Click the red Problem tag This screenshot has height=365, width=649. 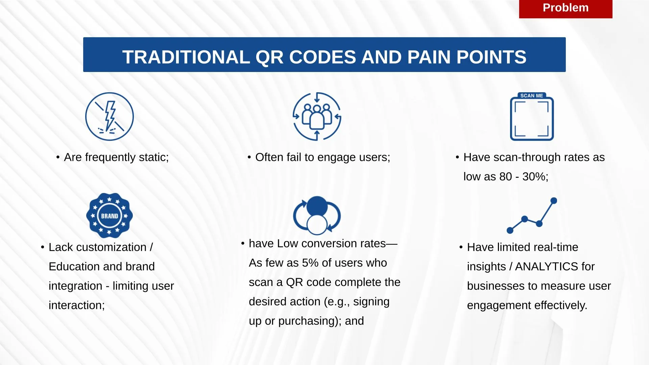click(566, 9)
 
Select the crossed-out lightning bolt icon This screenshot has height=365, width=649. click(110, 117)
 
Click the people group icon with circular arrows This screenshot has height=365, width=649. click(317, 117)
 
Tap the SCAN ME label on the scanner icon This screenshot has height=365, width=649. click(532, 96)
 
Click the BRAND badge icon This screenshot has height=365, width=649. click(110, 215)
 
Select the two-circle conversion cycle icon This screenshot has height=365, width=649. click(317, 215)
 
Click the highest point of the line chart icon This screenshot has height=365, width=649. click(554, 201)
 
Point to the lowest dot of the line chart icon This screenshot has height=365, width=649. click(510, 230)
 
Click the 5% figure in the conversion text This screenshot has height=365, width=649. click(310, 263)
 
